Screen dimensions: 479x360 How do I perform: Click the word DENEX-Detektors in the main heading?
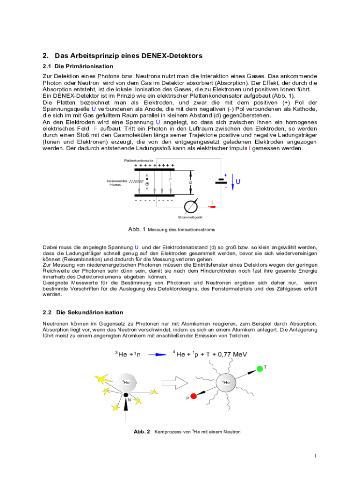(x=173, y=56)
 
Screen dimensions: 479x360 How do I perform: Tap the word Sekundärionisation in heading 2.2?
(x=89, y=312)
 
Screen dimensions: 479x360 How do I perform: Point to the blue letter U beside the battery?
(x=238, y=181)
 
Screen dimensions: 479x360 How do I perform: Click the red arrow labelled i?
(x=212, y=206)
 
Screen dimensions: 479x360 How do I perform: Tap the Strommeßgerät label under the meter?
(x=190, y=218)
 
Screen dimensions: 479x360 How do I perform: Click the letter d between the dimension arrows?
(x=190, y=182)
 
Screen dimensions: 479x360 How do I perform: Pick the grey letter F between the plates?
(x=171, y=179)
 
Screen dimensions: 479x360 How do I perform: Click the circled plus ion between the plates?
(x=147, y=184)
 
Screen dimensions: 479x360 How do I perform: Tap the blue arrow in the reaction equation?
(x=157, y=355)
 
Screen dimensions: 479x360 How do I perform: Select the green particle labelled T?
(x=259, y=370)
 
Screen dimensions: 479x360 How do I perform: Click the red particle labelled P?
(x=194, y=396)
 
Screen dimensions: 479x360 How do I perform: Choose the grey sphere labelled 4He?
(x=225, y=383)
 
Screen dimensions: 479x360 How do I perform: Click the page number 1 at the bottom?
(x=316, y=456)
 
